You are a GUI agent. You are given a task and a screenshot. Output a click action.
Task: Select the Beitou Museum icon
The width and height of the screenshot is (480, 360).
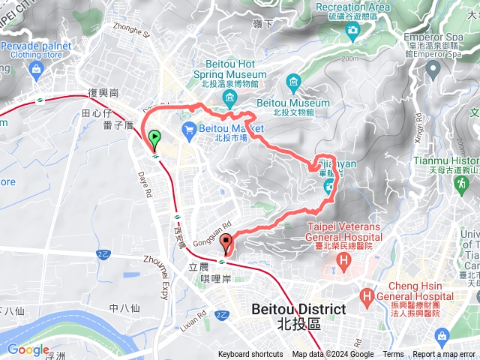tap(292, 81)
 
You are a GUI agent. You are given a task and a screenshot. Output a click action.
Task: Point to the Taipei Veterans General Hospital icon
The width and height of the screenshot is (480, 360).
tap(344, 261)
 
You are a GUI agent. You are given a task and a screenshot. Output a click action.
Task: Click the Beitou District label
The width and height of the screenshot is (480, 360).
tap(298, 309)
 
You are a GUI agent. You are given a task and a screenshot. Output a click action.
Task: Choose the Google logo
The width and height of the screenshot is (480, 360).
tap(28, 350)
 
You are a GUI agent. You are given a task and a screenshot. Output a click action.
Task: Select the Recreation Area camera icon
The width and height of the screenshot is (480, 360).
tap(352, 30)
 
